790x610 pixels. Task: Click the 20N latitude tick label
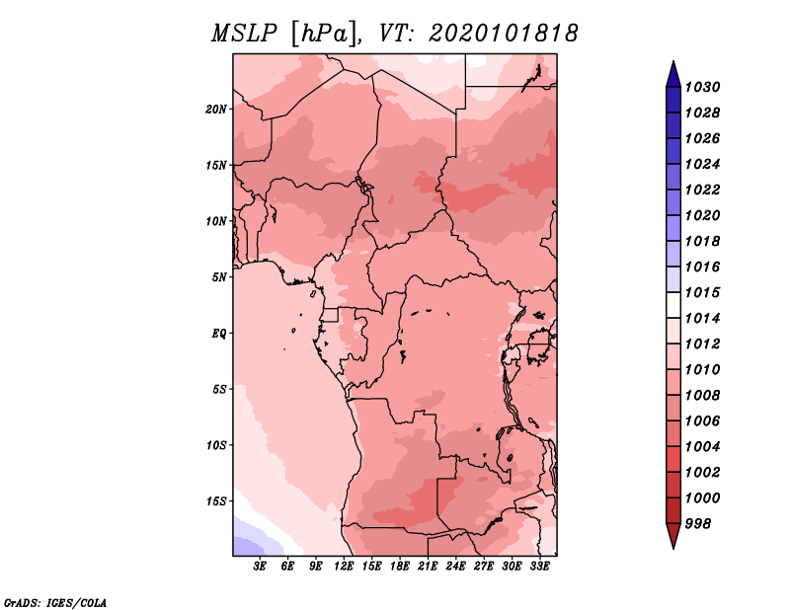click(216, 110)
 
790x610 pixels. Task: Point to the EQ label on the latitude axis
click(219, 334)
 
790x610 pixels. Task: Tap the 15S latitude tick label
click(216, 501)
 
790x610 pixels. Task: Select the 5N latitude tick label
click(219, 277)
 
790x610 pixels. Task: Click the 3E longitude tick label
click(260, 567)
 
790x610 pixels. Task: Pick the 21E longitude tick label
click(428, 567)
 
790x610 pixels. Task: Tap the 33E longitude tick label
click(539, 567)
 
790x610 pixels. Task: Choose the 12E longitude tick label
click(343, 567)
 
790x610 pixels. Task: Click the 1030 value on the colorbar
click(702, 87)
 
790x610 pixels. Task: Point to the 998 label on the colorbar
click(698, 524)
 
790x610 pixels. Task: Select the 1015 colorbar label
click(702, 292)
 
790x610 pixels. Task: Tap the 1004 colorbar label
click(702, 447)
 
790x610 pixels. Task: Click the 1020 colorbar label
click(702, 215)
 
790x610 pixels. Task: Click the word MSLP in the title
click(244, 34)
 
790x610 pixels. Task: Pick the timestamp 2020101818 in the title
click(504, 34)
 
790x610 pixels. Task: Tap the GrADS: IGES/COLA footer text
click(55, 603)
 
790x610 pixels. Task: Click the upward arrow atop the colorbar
click(673, 75)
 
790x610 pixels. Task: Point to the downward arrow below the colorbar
click(673, 535)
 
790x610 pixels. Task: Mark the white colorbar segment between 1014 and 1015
click(673, 305)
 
